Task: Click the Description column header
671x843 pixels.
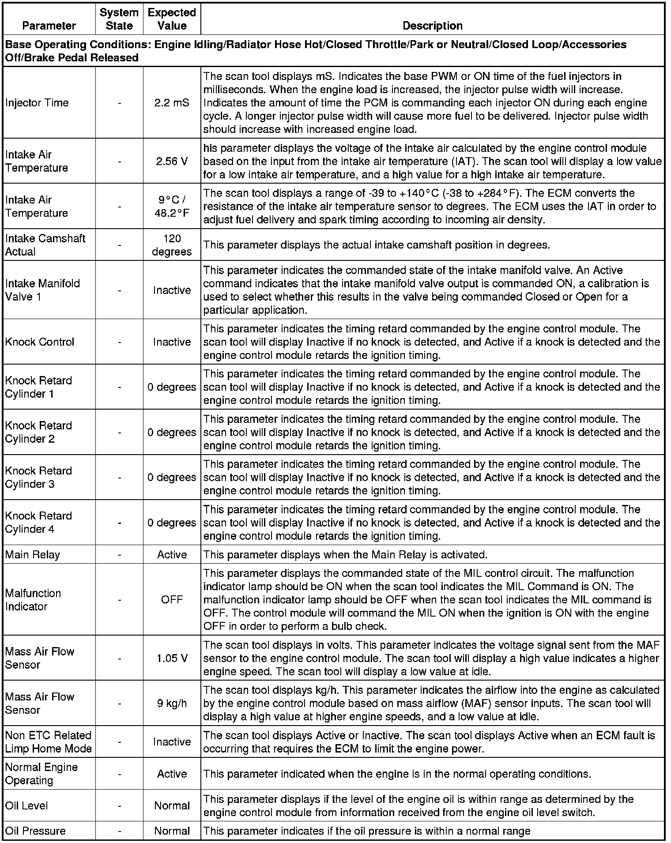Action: point(432,26)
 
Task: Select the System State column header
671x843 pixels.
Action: point(119,19)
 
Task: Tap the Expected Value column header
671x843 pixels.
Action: point(172,19)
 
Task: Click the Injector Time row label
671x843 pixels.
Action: point(37,103)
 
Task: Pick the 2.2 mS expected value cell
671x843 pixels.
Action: point(172,103)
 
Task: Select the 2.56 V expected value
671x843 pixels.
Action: point(172,162)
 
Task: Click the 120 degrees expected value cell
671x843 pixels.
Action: point(172,245)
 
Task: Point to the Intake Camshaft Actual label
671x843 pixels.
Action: point(45,245)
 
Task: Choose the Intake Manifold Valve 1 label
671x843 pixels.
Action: point(42,290)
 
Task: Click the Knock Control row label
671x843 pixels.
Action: point(40,342)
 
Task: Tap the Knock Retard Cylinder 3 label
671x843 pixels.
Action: point(38,478)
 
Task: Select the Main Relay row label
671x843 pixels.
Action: point(33,555)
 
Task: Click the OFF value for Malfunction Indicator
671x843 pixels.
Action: point(172,600)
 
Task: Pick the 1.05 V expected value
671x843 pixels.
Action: point(172,659)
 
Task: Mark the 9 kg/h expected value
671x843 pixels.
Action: point(172,704)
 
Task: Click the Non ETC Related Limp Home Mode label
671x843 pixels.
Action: point(48,742)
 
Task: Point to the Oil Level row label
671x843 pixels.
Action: point(26,805)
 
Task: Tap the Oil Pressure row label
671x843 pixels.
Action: point(35,831)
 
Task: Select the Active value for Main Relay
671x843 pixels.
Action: point(172,555)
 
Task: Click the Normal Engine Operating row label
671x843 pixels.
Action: point(41,774)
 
